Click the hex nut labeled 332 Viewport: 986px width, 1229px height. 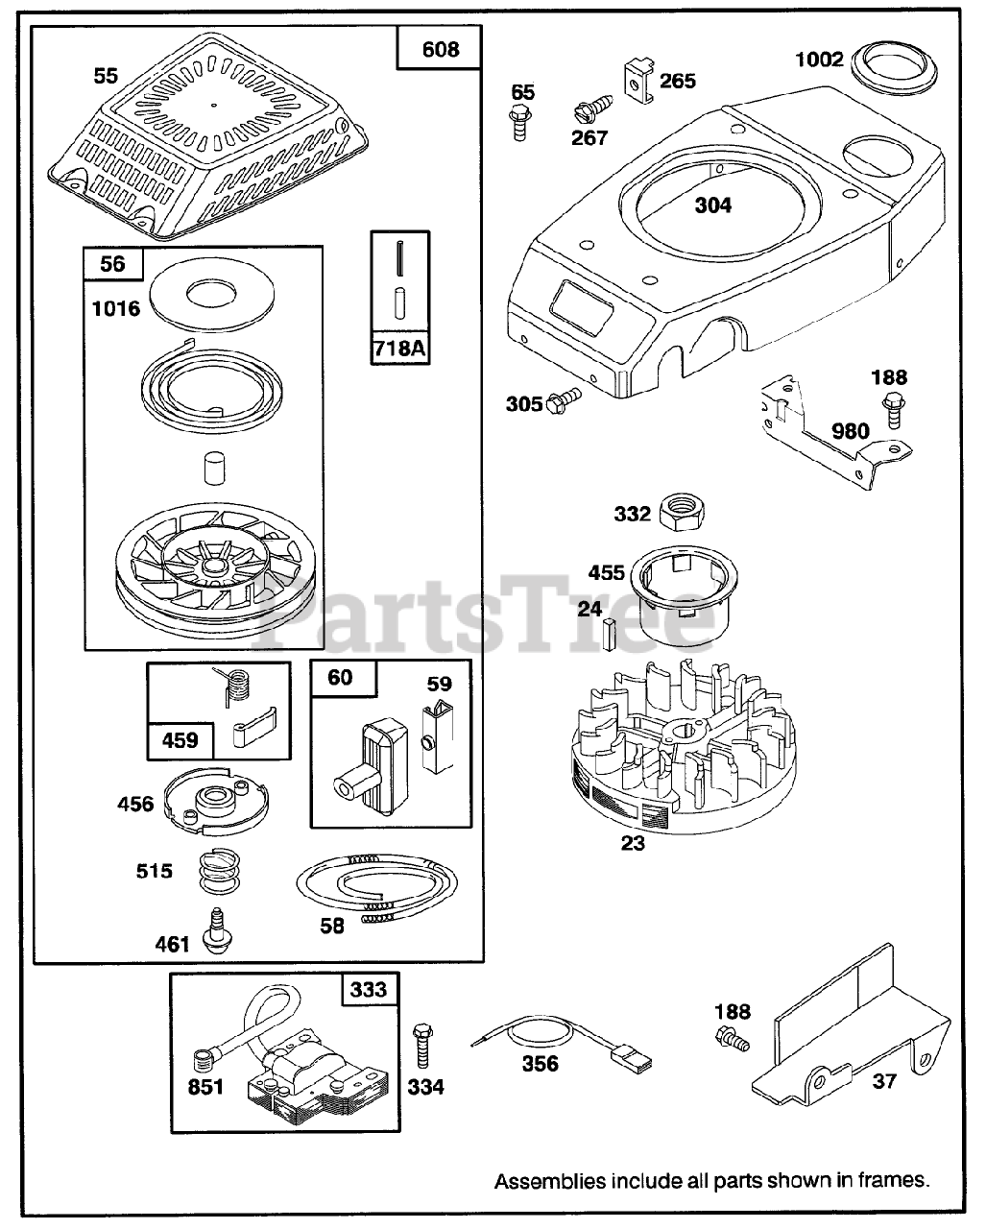(681, 513)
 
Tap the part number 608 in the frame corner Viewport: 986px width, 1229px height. (441, 49)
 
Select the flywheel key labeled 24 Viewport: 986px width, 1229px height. (610, 634)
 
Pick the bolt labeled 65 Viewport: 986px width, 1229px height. (521, 124)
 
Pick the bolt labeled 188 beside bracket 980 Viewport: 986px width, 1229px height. (893, 415)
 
